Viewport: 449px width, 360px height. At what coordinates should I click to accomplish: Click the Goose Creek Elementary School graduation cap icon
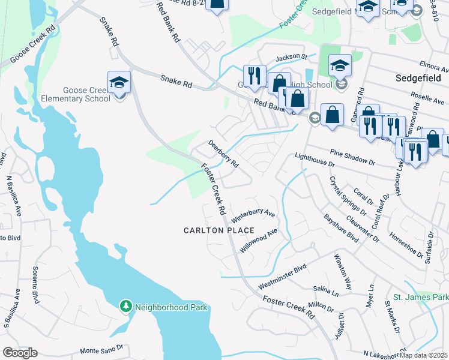(x=119, y=83)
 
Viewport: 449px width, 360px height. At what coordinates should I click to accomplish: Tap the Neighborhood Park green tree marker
(x=125, y=307)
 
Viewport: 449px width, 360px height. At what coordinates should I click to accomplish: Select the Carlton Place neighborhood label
(x=219, y=230)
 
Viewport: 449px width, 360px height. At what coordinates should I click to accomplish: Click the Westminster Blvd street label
(x=282, y=276)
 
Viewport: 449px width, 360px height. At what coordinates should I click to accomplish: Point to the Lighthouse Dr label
(x=315, y=159)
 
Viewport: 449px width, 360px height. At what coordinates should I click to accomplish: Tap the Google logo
(x=20, y=353)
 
